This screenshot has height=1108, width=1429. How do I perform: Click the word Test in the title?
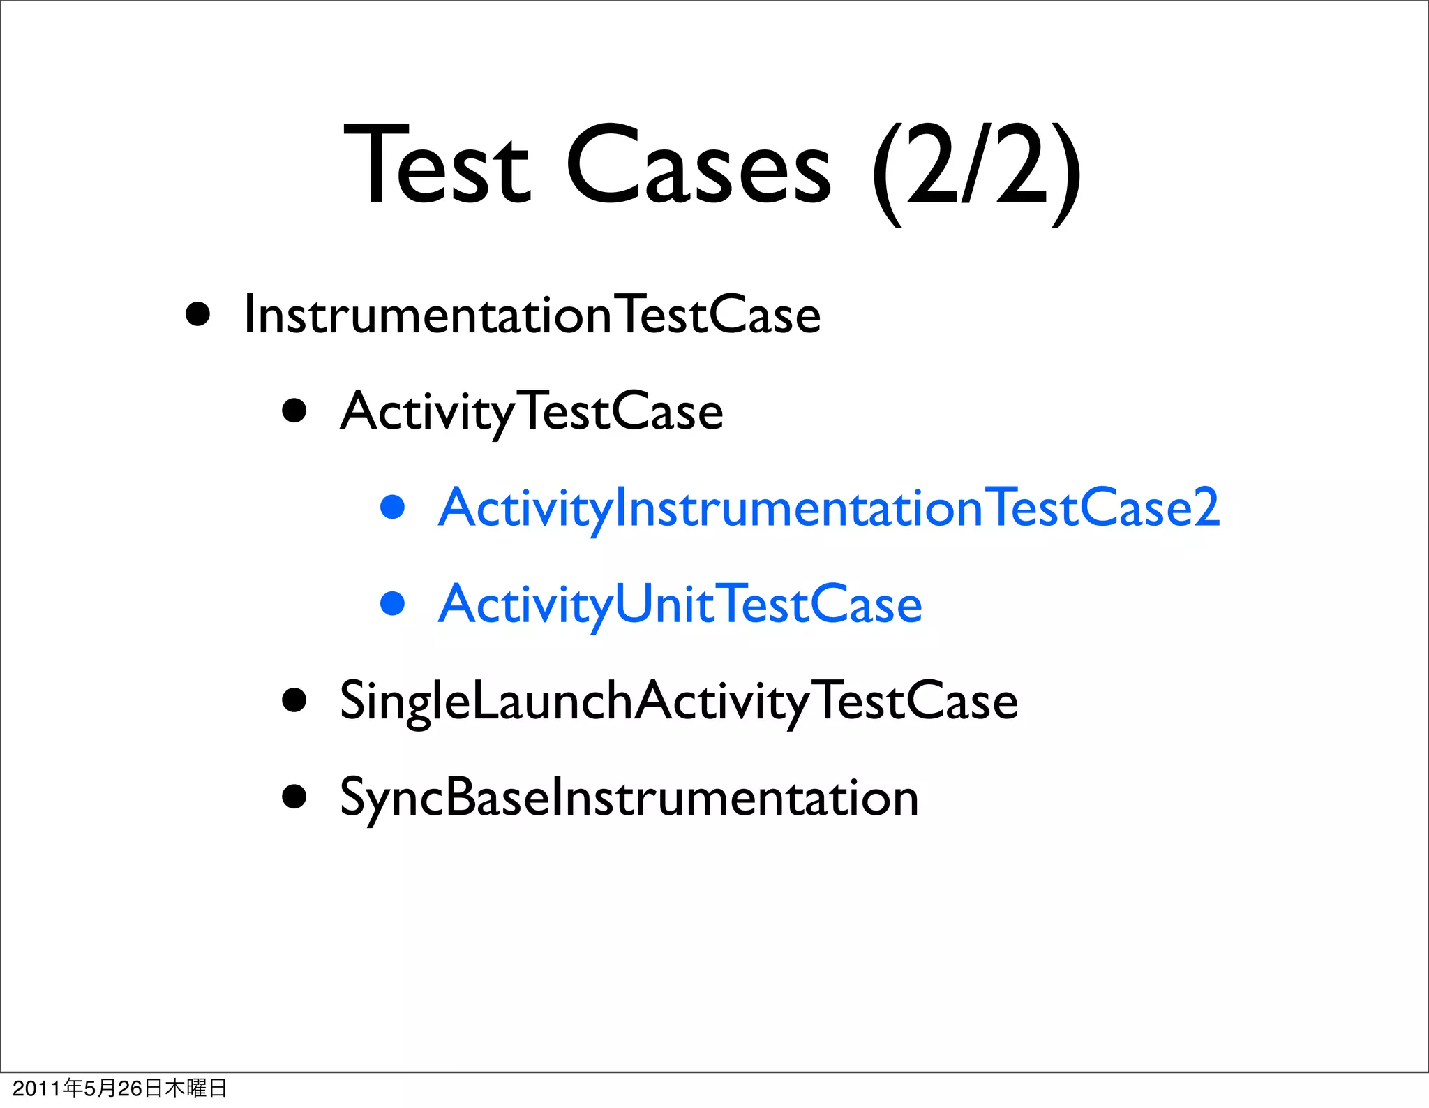pos(437,166)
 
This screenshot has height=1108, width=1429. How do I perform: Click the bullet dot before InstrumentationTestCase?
pos(198,314)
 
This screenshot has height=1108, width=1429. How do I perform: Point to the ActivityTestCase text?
pos(532,412)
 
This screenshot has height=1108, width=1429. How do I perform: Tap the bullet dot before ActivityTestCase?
pos(294,411)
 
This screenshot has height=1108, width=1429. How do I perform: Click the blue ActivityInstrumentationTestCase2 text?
pos(829,508)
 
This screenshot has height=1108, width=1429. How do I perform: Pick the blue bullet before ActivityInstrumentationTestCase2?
pos(393,507)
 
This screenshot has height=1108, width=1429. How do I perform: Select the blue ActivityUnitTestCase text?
pos(680,605)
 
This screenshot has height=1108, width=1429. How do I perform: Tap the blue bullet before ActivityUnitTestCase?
pos(393,603)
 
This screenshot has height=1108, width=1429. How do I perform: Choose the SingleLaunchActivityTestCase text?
pos(679,701)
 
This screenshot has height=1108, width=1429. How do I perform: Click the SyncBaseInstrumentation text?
pos(629,798)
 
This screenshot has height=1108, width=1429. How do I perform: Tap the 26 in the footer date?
pos(130,1088)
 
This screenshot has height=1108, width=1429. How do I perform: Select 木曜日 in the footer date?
pos(195,1088)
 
